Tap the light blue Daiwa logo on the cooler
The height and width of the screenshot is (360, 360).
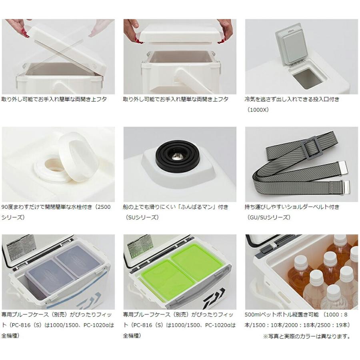(89, 300)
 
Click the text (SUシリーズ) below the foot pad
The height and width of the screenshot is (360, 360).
(142, 218)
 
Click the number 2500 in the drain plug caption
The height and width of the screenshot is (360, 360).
(104, 207)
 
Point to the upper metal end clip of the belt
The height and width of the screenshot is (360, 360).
(344, 165)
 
